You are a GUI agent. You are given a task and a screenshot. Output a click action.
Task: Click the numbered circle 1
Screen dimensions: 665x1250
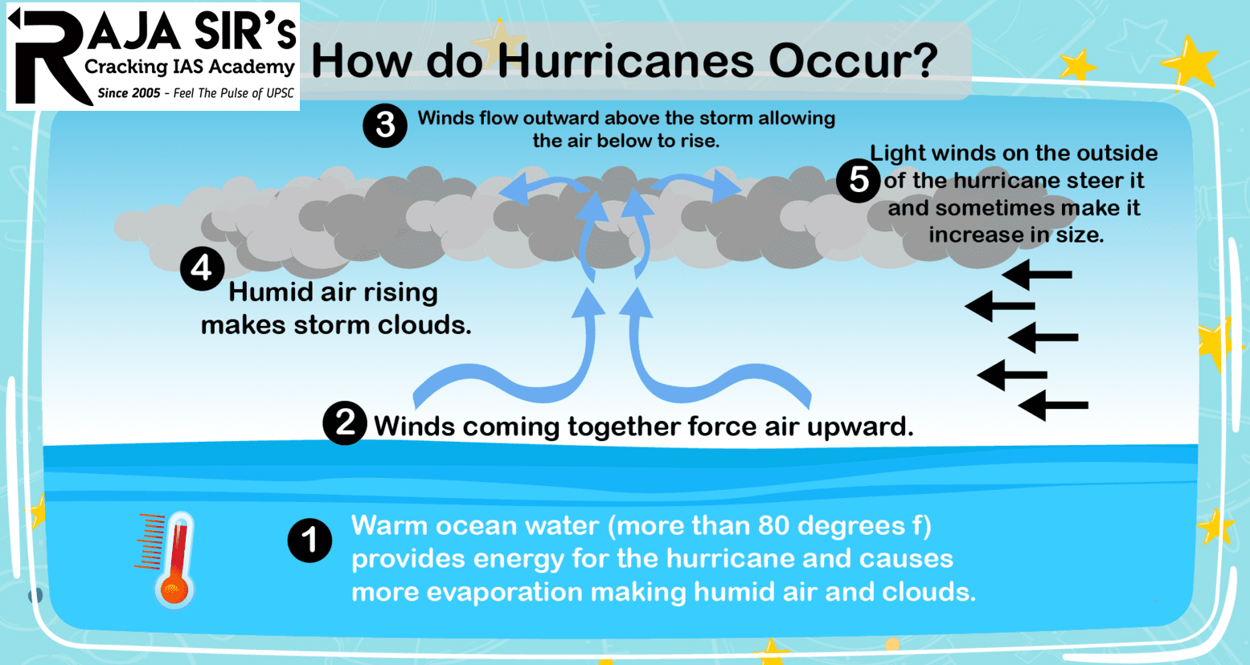(x=309, y=541)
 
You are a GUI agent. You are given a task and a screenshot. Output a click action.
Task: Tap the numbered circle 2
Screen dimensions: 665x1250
(x=345, y=422)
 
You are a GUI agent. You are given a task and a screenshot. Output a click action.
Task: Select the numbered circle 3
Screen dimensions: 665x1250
(x=385, y=125)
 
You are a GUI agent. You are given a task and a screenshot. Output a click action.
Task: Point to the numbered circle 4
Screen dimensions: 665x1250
(x=202, y=268)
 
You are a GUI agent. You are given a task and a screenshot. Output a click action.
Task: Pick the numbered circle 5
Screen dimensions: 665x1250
(x=859, y=180)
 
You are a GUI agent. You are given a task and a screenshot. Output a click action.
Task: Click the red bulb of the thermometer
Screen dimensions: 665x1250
(x=174, y=590)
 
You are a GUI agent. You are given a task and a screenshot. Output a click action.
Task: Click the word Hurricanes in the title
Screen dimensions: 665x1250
(x=625, y=61)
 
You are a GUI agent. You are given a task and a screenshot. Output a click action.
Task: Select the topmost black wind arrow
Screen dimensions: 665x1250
(x=1037, y=275)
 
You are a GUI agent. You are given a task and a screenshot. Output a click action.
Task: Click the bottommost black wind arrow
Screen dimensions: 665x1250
(x=1053, y=406)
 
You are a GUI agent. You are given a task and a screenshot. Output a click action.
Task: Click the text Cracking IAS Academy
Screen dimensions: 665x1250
(x=190, y=67)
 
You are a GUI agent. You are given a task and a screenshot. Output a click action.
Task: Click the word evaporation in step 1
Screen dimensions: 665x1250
(x=503, y=592)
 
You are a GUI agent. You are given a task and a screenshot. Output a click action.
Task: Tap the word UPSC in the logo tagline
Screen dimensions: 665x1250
(x=280, y=93)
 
